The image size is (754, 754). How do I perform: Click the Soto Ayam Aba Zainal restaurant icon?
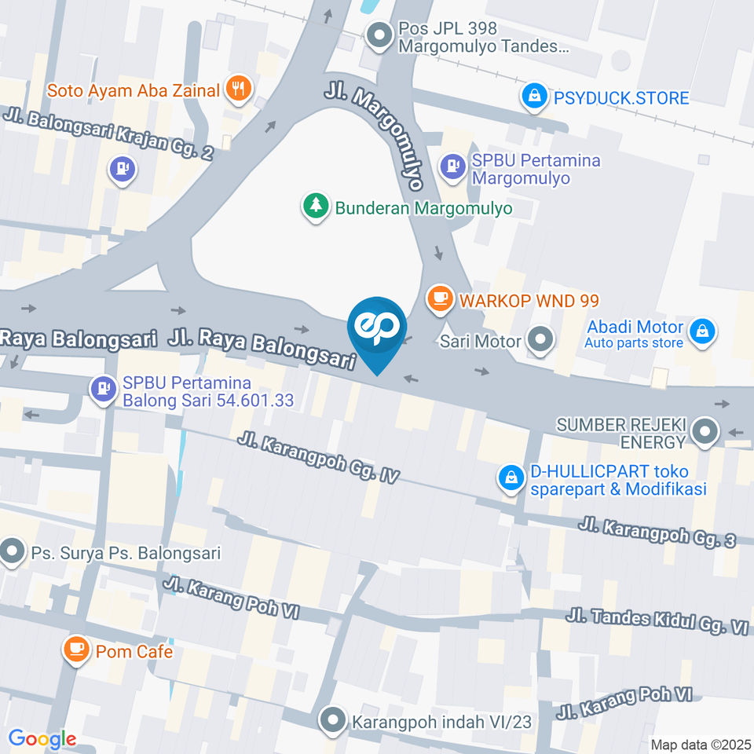point(238,90)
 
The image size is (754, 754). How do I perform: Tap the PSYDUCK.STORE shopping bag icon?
point(534,97)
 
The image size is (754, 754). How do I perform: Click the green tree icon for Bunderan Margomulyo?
point(316,207)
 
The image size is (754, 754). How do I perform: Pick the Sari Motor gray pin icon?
point(540,341)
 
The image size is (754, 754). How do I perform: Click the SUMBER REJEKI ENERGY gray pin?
point(706,431)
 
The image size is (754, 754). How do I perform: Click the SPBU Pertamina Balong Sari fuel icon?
point(103,389)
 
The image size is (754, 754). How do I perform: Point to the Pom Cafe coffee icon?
point(75,650)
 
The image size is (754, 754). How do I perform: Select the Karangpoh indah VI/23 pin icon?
point(333,720)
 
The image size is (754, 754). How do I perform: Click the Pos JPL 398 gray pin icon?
point(380,36)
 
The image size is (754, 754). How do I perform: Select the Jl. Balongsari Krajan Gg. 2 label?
point(108,133)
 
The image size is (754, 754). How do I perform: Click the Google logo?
point(42,738)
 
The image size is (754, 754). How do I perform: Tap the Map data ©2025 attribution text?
point(700,745)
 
